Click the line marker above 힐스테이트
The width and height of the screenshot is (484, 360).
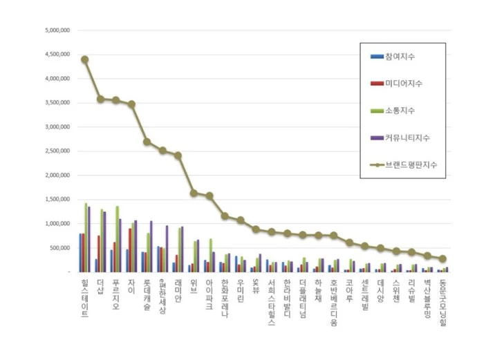(84, 59)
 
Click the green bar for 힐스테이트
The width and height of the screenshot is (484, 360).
(86, 238)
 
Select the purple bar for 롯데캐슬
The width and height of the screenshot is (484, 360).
(151, 247)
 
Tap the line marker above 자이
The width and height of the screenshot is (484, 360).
(131, 104)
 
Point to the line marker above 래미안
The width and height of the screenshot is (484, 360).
(178, 155)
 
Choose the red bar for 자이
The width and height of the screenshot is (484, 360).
(129, 250)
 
